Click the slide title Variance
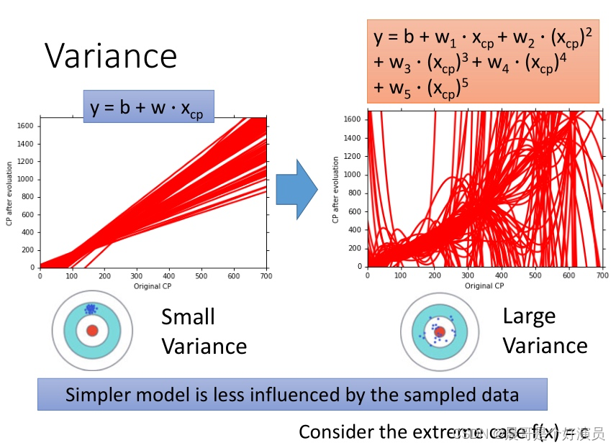click(111, 56)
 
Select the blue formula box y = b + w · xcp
click(148, 109)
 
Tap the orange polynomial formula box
click(484, 61)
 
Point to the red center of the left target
click(92, 330)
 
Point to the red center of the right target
click(440, 332)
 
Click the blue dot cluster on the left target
click(91, 309)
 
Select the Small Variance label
click(204, 332)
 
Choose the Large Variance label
click(545, 331)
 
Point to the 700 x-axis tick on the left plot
click(266, 275)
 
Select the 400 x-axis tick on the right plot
click(500, 275)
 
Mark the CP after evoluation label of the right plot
click(336, 190)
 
